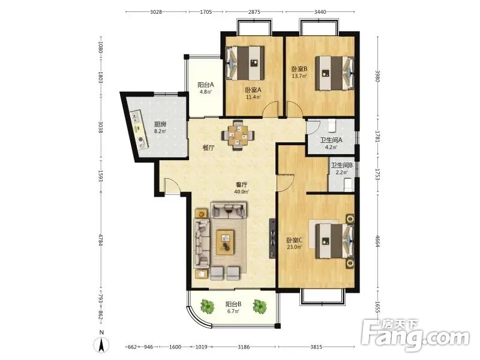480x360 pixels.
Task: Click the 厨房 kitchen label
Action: click(160, 124)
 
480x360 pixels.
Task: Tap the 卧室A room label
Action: click(253, 90)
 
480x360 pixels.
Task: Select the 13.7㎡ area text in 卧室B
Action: click(299, 76)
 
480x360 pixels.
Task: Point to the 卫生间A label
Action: click(331, 140)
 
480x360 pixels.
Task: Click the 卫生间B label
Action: click(341, 166)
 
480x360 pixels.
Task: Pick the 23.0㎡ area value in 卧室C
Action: click(295, 247)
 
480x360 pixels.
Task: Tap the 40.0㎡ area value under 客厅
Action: click(241, 192)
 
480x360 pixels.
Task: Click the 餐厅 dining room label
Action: click(208, 148)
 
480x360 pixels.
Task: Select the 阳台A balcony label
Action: click(205, 85)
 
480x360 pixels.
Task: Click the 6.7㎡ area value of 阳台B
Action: click(233, 311)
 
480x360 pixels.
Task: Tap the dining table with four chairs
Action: click(238, 135)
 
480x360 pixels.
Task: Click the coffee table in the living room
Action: click(225, 242)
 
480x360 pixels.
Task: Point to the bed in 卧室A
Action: click(245, 63)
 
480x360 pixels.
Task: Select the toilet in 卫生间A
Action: click(332, 125)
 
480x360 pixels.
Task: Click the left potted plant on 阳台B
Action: click(208, 306)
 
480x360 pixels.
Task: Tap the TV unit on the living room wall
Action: click(272, 238)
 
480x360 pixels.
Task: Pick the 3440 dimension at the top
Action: click(320, 12)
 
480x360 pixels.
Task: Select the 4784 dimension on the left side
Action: click(100, 239)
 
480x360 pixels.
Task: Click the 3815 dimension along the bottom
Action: click(316, 347)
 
